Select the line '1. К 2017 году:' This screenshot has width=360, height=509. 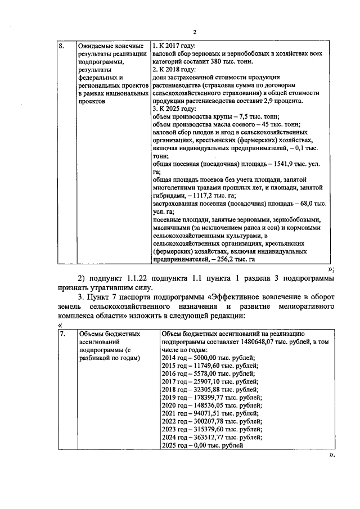tap(174, 46)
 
